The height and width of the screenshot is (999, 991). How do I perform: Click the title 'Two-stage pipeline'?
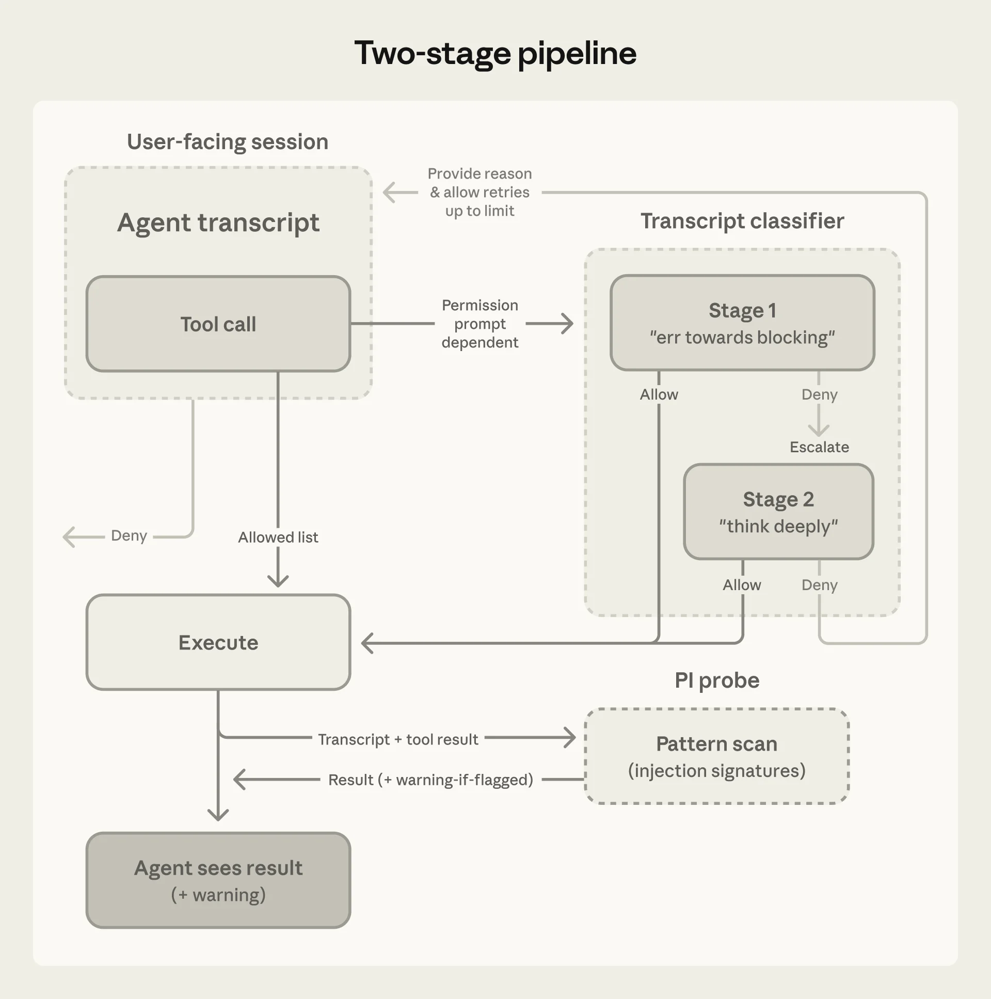pyautogui.click(x=494, y=53)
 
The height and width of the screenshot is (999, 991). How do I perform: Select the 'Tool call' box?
pyautogui.click(x=218, y=324)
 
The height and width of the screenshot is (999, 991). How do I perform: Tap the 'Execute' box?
pyautogui.click(x=218, y=642)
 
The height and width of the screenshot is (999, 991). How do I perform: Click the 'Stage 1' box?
pyautogui.click(x=742, y=323)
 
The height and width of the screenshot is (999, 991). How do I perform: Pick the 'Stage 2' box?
pyautogui.click(x=778, y=512)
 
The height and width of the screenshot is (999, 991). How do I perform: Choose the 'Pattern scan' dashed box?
pyautogui.click(x=716, y=756)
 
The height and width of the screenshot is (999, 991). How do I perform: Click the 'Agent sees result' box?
pyautogui.click(x=218, y=880)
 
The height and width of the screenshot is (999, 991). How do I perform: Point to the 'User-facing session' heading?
pyautogui.click(x=228, y=141)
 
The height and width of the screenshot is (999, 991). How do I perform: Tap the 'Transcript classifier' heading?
pyautogui.click(x=742, y=221)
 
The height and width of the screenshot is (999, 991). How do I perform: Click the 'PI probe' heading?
pyautogui.click(x=716, y=680)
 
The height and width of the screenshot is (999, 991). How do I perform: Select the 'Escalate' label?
pyautogui.click(x=819, y=447)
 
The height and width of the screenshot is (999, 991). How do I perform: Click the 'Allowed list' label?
pyautogui.click(x=278, y=537)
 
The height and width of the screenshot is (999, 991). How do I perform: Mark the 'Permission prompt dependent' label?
pyautogui.click(x=479, y=324)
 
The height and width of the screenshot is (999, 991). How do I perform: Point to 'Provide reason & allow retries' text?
pyautogui.click(x=479, y=192)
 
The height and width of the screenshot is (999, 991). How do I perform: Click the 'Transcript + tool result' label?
pyautogui.click(x=397, y=739)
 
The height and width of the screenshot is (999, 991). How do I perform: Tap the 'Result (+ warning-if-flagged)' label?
pyautogui.click(x=430, y=780)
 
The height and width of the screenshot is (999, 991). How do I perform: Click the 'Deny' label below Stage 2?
pyautogui.click(x=819, y=585)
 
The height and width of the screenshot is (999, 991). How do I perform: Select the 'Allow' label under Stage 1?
pyautogui.click(x=659, y=394)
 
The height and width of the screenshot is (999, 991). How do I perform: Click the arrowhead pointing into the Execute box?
pyautogui.click(x=366, y=643)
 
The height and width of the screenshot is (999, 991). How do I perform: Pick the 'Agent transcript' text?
pyautogui.click(x=218, y=223)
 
